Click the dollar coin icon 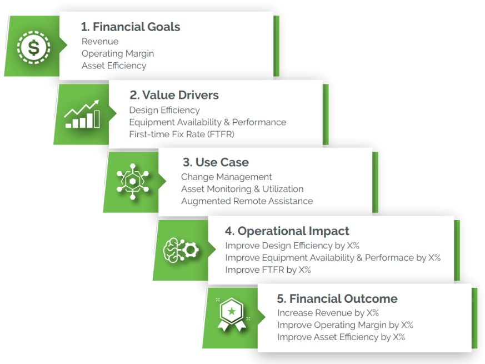point(33,47)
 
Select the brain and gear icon point(181,250)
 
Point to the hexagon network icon point(133,181)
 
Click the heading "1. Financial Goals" point(130,27)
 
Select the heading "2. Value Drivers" point(174,95)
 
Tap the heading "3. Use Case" point(216,162)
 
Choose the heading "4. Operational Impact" point(287,231)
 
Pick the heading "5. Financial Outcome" point(337,298)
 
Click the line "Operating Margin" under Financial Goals point(118,54)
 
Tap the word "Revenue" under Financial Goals point(100,42)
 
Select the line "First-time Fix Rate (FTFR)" point(182,134)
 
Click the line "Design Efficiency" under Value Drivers point(164,111)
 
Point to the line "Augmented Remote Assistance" point(247,202)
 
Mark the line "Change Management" point(227,177)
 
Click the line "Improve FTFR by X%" point(268,270)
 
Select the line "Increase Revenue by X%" point(328,313)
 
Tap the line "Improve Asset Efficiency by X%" point(341,337)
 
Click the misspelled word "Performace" point(389,258)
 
